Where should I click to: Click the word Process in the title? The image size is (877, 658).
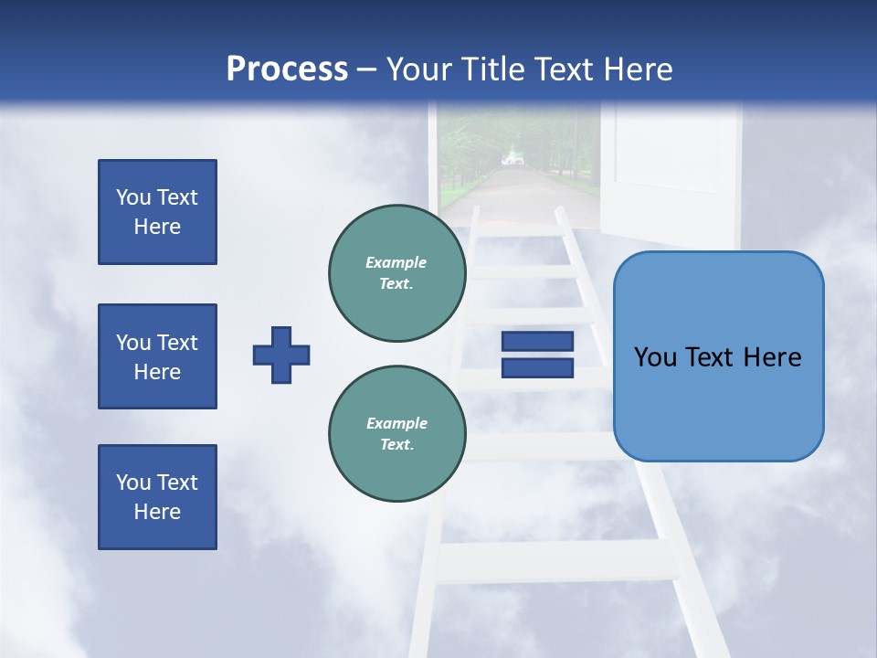[x=287, y=69]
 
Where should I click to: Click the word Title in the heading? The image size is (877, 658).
[x=490, y=69]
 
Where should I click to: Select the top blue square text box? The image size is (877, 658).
[x=157, y=212]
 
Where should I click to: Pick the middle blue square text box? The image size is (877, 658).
[x=157, y=356]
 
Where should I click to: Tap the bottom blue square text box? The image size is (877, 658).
[x=157, y=497]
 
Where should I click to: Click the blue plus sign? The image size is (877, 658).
[x=281, y=355]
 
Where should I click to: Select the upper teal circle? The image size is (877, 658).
[x=396, y=273]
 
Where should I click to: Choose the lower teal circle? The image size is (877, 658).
[x=396, y=434]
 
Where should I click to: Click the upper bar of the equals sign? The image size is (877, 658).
[x=537, y=341]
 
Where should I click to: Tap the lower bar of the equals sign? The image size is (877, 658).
[x=537, y=367]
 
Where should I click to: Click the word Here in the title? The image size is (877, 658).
[x=636, y=69]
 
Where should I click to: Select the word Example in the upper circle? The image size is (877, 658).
[x=396, y=262]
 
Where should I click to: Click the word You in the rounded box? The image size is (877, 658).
[x=654, y=356]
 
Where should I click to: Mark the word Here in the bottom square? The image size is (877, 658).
[x=157, y=512]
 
